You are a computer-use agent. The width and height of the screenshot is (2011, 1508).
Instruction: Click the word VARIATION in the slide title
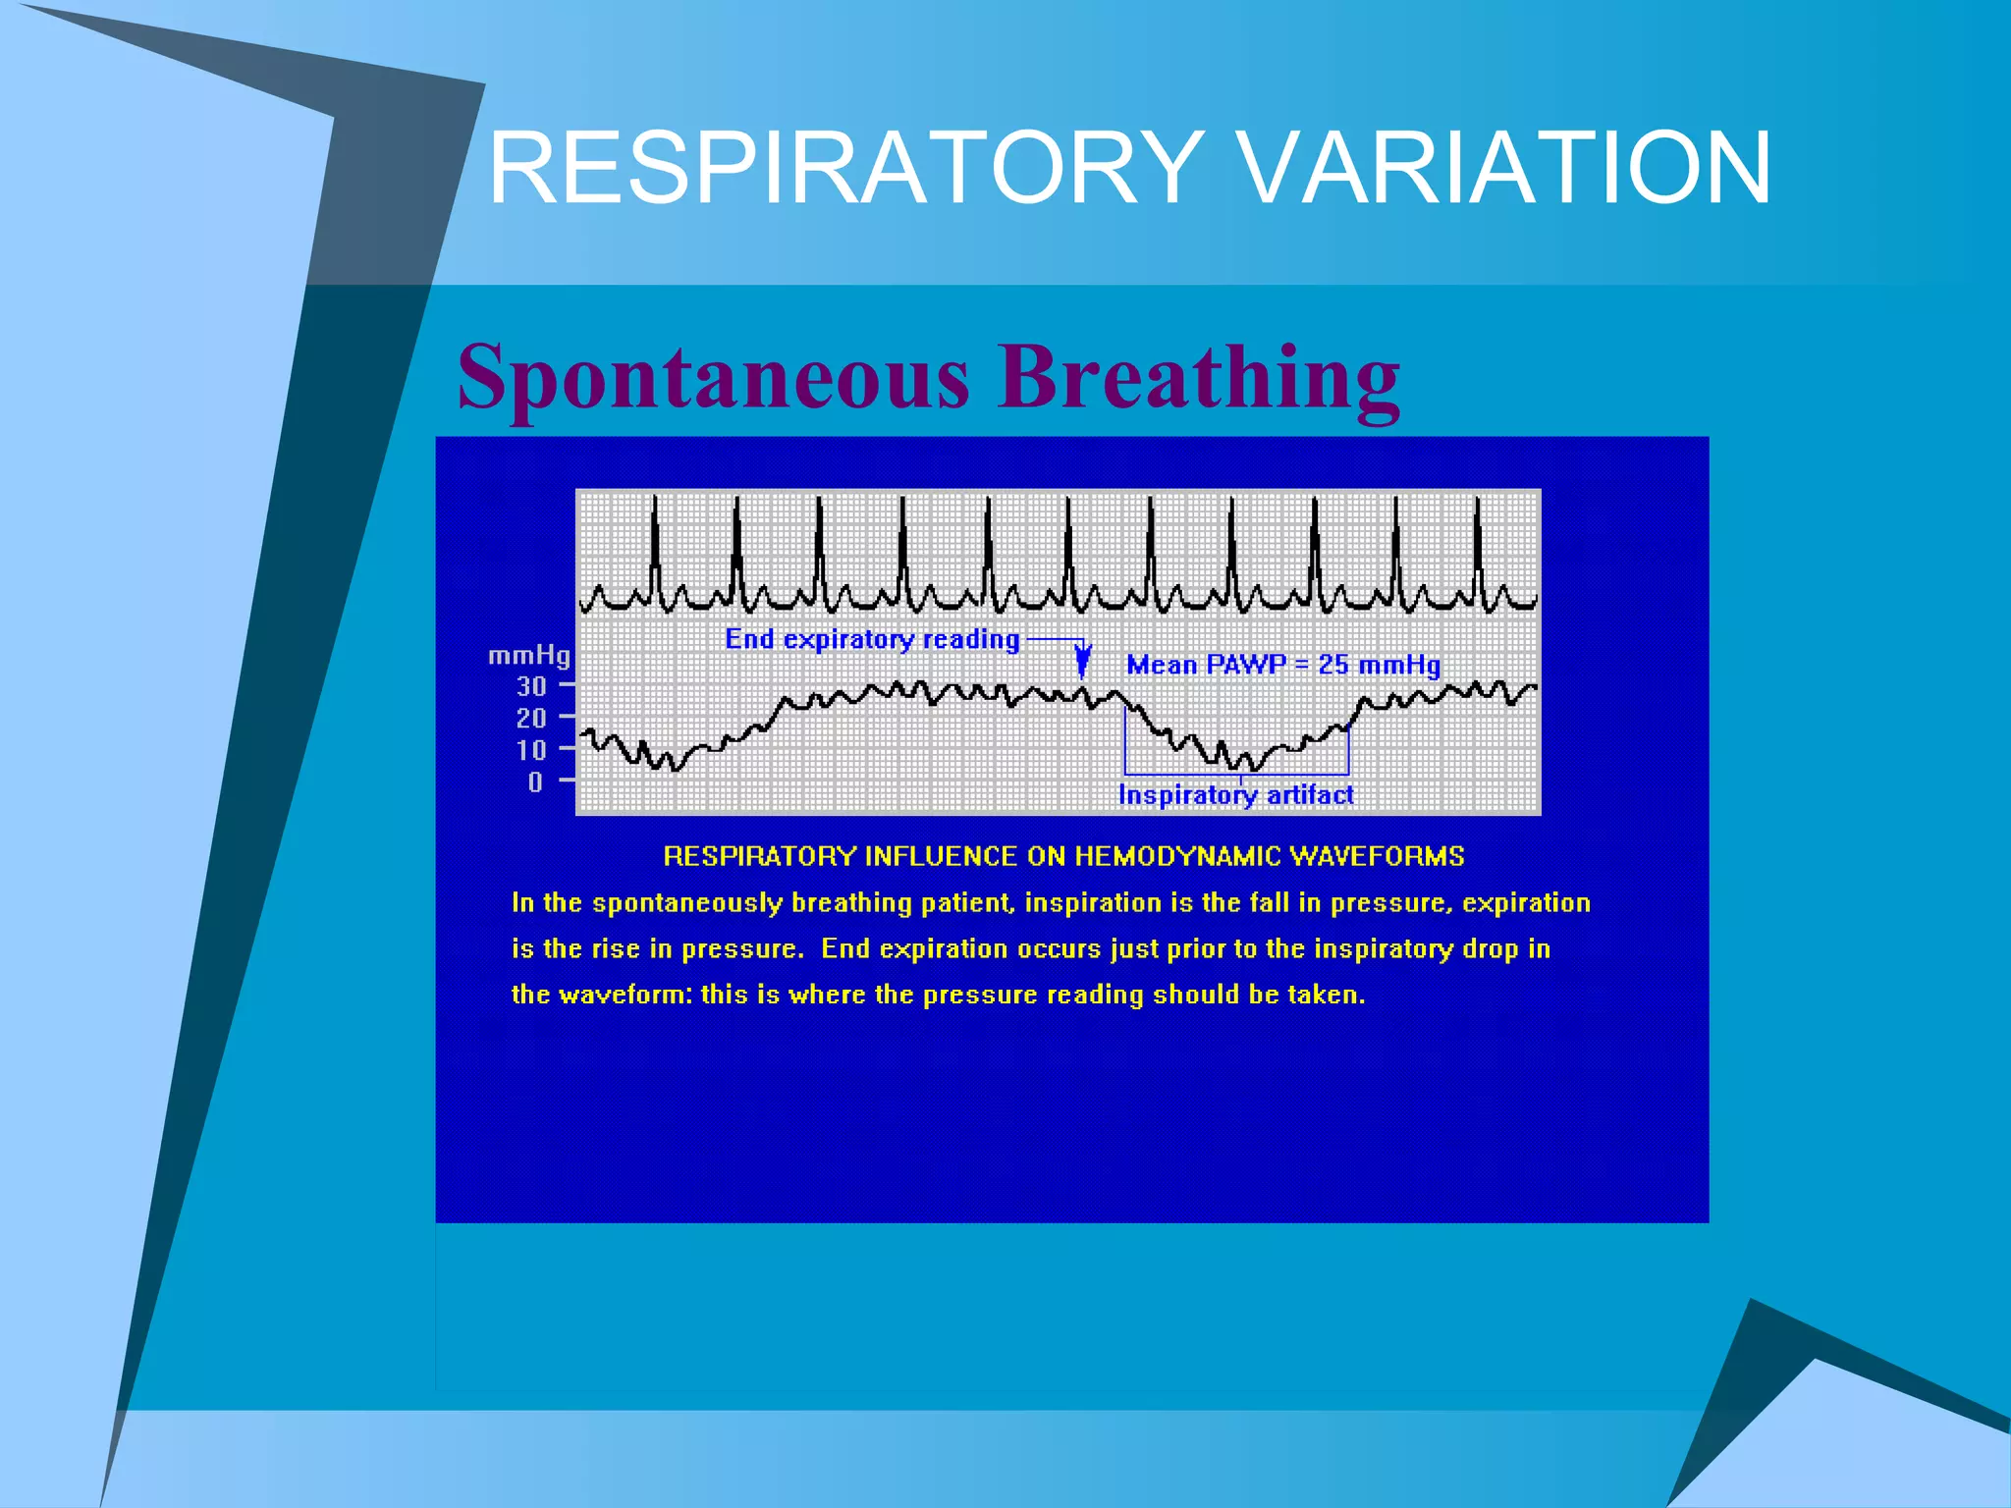[1504, 169]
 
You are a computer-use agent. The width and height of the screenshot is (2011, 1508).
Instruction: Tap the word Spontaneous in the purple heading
[714, 378]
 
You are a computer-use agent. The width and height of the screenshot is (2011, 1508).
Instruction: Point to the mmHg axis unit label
[529, 655]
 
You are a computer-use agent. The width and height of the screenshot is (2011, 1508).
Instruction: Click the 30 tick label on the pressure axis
[531, 686]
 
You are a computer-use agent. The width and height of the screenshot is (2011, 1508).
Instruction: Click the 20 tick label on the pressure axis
[531, 719]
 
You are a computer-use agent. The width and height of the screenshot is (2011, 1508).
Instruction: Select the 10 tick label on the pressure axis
[531, 751]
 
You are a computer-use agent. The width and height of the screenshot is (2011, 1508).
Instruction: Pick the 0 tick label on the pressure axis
[535, 782]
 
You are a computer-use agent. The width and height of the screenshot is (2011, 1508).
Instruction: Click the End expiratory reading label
[872, 639]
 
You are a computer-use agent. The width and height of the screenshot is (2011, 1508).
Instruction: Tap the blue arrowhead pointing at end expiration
[1082, 661]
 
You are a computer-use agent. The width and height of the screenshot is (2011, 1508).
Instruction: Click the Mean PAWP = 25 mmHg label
[1282, 665]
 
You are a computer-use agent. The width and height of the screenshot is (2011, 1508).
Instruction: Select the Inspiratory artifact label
[1235, 794]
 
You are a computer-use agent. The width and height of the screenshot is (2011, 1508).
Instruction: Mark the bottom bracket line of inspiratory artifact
[1235, 774]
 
